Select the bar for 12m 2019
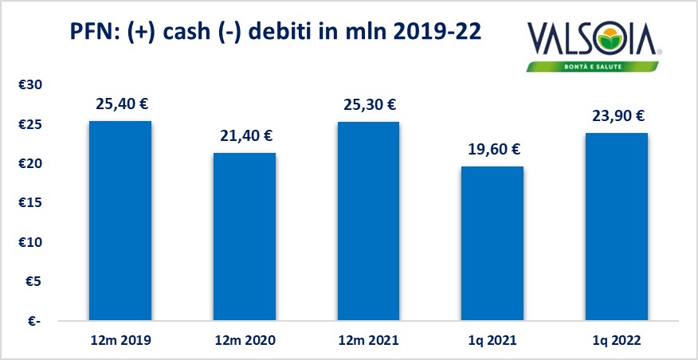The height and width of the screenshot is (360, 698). [120, 221]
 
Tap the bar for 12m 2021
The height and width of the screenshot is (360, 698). [368, 221]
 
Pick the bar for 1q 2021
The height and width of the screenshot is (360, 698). [492, 243]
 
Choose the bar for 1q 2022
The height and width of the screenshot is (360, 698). [617, 226]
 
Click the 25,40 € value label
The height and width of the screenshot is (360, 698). [120, 104]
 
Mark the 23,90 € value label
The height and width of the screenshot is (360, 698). [617, 116]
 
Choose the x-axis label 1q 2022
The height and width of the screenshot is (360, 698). [617, 340]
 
